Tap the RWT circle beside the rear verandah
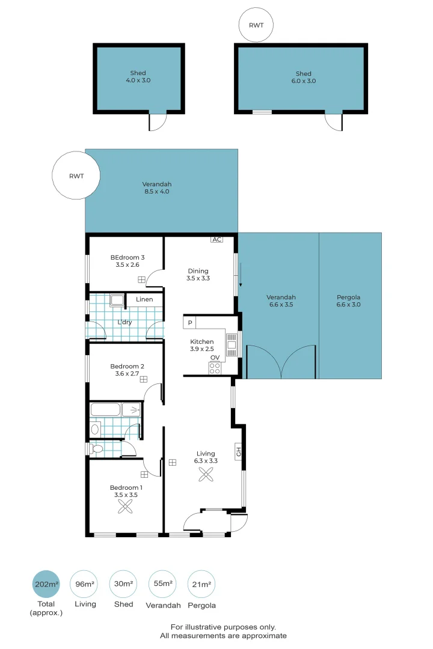tap(76, 175)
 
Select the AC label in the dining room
tap(216, 239)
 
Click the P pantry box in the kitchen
tap(190, 323)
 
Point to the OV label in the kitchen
tap(215, 358)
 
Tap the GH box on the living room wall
tap(238, 451)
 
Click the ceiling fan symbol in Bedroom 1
tap(126, 507)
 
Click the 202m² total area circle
tap(46, 584)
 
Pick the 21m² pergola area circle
tap(201, 584)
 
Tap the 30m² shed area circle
tap(123, 584)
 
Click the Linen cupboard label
tap(144, 299)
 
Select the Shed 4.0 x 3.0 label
tap(138, 77)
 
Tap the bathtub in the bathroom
tap(105, 410)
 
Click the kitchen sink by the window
tap(232, 346)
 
